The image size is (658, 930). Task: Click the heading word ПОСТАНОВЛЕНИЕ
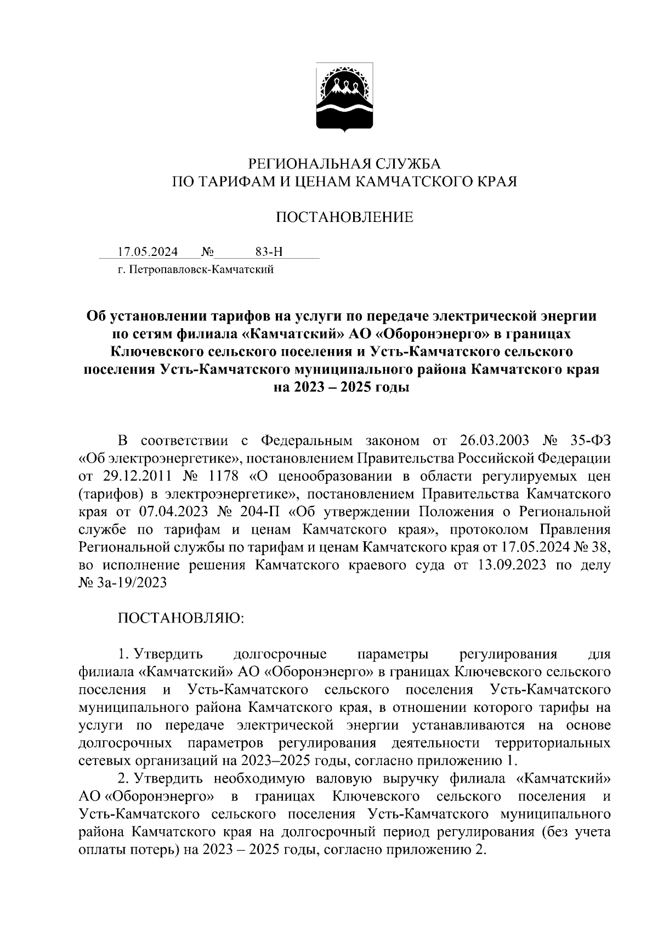pos(344,218)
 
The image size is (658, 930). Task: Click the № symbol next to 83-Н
pos(207,252)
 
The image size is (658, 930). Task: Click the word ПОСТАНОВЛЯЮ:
pos(180,619)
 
